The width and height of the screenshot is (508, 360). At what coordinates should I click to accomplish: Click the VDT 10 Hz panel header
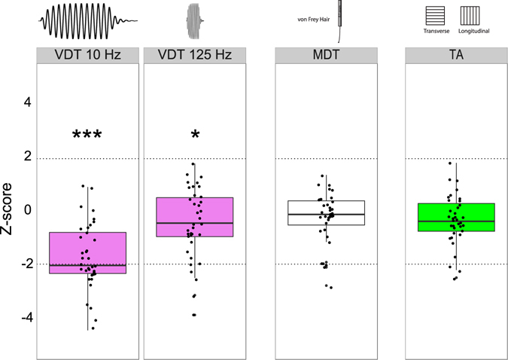point(88,55)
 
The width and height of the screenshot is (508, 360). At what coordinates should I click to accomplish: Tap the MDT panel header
point(327,55)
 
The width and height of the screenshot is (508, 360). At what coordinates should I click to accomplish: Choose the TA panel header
point(456,55)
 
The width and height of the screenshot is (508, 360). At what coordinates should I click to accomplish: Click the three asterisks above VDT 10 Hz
point(87,136)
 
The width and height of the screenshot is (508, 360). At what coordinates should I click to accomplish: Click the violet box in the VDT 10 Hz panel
point(88,252)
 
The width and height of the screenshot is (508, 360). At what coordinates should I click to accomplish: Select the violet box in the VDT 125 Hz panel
point(194,217)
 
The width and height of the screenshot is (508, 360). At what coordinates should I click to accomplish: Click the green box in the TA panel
point(456,217)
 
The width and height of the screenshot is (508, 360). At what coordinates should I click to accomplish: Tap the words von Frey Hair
point(316,22)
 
